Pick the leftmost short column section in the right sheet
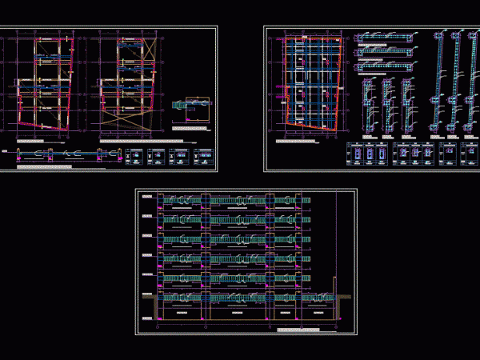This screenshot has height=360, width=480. (368, 104)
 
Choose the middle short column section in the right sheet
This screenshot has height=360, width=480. (390, 104)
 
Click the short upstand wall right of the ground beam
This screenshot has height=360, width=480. (334, 288)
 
